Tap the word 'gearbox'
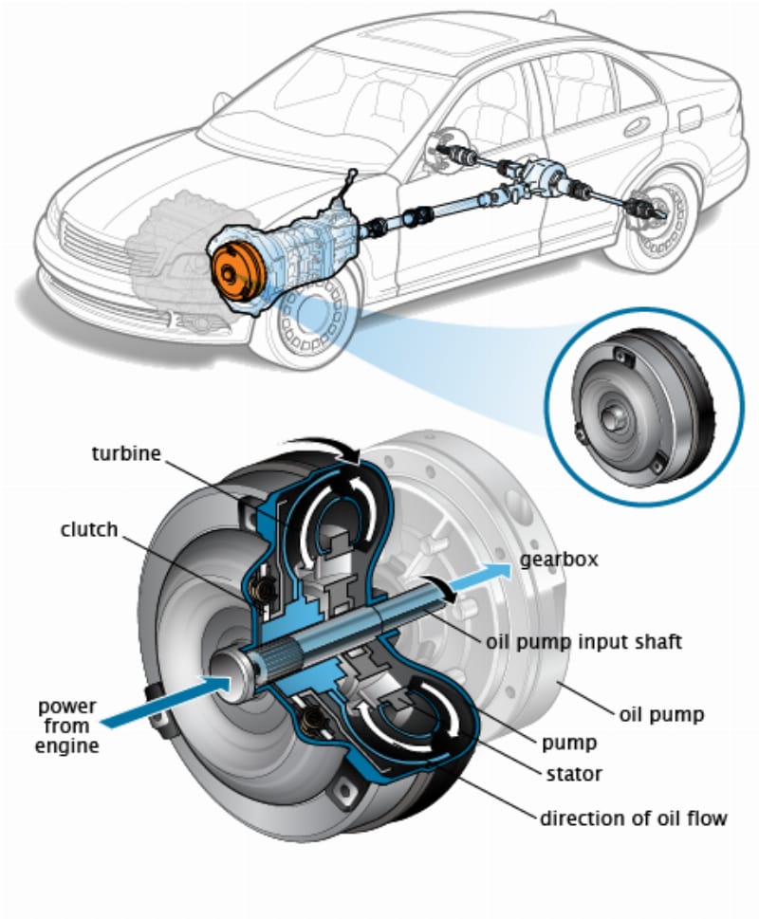[x=559, y=560]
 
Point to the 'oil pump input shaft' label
[x=583, y=642]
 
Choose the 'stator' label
[x=573, y=774]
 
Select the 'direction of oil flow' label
[x=634, y=817]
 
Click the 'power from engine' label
[x=68, y=726]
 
